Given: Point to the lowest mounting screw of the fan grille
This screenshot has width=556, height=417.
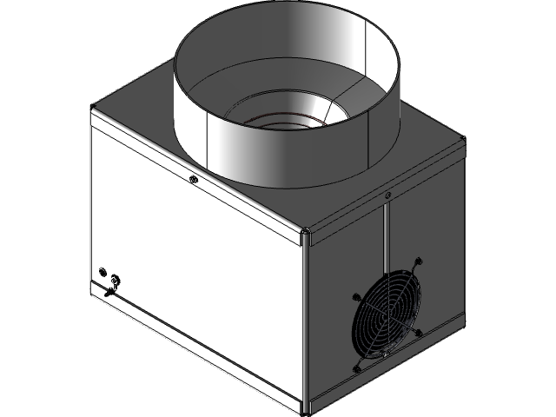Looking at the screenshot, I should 356,368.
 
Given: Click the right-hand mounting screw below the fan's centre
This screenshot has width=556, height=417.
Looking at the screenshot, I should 420,333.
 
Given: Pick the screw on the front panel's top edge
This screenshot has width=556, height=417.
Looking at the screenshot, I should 193,180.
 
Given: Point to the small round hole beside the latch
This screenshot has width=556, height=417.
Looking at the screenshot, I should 103,271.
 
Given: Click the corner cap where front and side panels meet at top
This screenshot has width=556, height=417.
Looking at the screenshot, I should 307,234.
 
